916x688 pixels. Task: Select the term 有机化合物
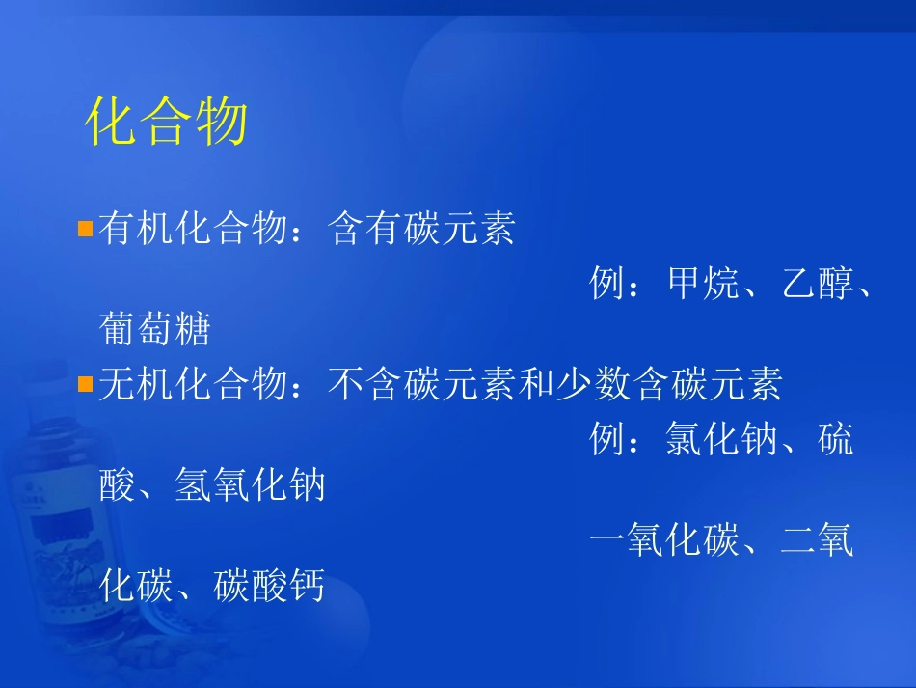[x=193, y=230]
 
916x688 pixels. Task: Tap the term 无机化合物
[x=193, y=385]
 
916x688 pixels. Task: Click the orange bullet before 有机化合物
[x=85, y=230]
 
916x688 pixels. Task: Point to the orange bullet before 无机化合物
[x=85, y=385]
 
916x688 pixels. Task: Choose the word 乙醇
[x=819, y=285]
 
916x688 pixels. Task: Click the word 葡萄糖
[x=155, y=330]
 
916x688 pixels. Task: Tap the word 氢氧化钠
[x=251, y=485]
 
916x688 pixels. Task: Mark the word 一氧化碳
[x=665, y=541]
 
